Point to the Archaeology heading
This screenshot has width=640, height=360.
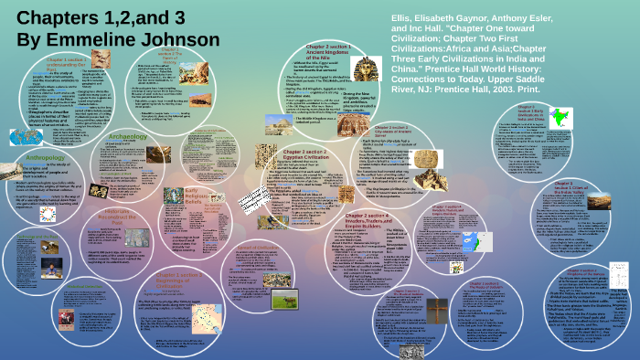(x=128, y=136)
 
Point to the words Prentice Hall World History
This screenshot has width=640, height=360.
(x=475, y=53)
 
